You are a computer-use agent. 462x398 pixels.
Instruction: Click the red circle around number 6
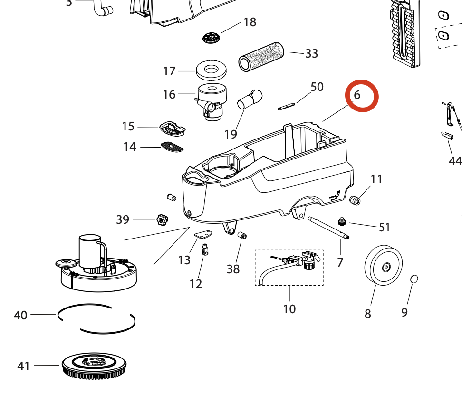(x=362, y=96)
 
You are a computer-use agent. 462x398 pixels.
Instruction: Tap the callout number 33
(x=311, y=53)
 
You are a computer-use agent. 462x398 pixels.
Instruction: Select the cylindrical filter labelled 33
(x=261, y=56)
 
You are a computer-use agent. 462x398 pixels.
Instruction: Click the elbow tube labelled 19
(x=250, y=99)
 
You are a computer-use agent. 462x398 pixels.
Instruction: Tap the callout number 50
(x=317, y=87)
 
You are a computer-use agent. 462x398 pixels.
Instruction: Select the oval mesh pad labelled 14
(x=173, y=147)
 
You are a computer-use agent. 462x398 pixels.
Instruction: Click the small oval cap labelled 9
(x=414, y=279)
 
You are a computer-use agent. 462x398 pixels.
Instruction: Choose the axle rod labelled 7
(x=328, y=227)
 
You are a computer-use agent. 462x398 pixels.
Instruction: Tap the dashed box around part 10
(x=289, y=268)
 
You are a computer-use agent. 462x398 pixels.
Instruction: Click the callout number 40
(x=21, y=315)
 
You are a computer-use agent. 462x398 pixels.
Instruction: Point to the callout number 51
(x=384, y=228)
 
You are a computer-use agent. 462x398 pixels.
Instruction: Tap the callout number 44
(x=455, y=161)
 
